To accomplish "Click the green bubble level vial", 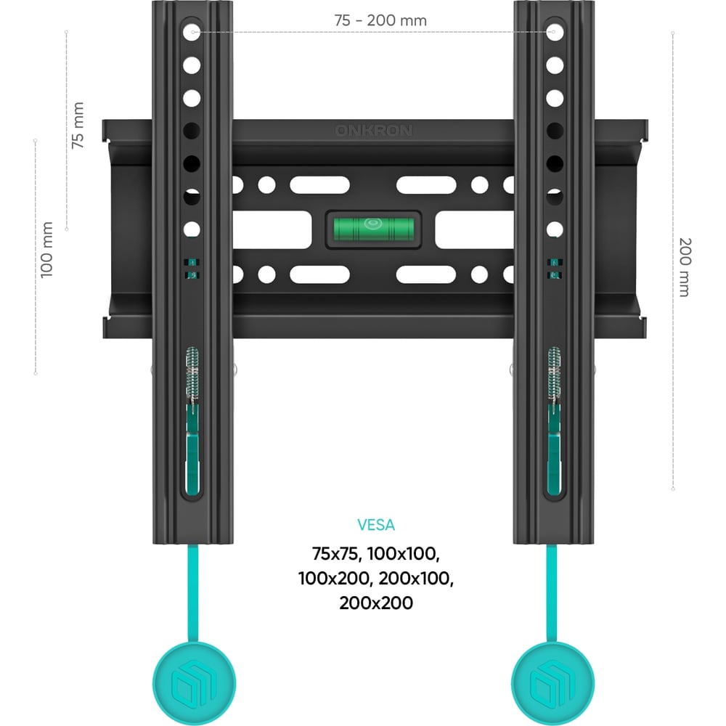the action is click(374, 229).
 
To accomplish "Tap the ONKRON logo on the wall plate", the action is click(374, 131).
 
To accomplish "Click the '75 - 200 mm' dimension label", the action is click(380, 20).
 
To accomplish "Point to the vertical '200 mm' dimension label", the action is click(685, 267).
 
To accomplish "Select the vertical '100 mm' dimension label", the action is click(46, 250).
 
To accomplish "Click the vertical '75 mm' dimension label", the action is click(78, 126).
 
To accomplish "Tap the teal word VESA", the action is click(376, 525).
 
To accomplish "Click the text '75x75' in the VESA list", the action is click(334, 554).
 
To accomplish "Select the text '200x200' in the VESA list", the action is click(376, 603).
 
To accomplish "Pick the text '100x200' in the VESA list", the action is click(335, 579).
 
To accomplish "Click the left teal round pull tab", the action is click(194, 684).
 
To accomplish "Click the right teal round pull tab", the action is click(552, 684).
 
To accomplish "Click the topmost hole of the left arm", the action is click(192, 33).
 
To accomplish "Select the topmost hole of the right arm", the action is click(555, 33).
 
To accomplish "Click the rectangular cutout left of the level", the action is click(272, 230).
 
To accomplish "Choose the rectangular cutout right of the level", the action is click(474, 230).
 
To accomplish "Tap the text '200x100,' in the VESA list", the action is click(416, 579).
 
